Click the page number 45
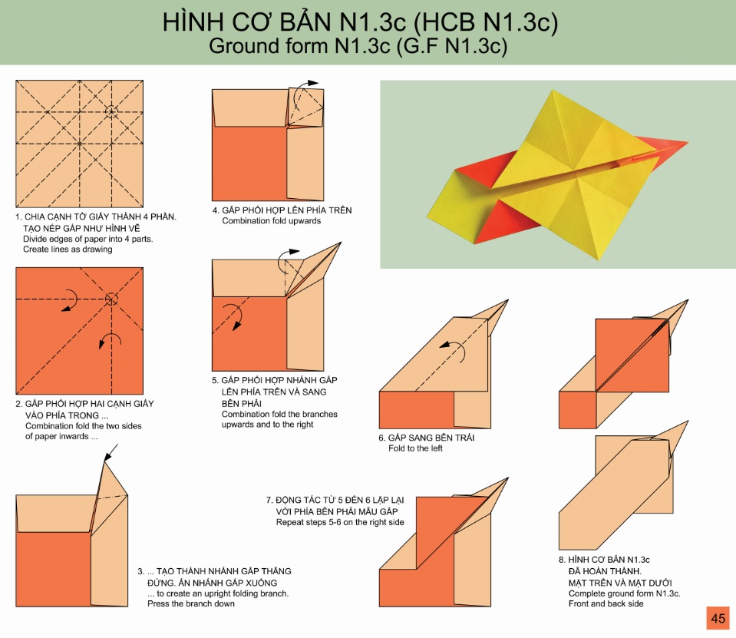tap(718, 618)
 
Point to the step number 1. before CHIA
tap(18, 217)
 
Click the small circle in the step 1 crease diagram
tap(111, 112)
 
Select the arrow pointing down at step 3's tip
tap(111, 453)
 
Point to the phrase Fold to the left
tap(415, 448)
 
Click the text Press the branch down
tap(191, 603)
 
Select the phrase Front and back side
tap(606, 603)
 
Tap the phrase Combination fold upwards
tap(272, 220)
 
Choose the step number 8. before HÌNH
tap(563, 560)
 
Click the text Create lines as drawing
tap(68, 250)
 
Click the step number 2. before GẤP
tap(18, 404)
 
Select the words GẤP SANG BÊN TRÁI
tap(431, 438)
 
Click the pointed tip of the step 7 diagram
tap(507, 478)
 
